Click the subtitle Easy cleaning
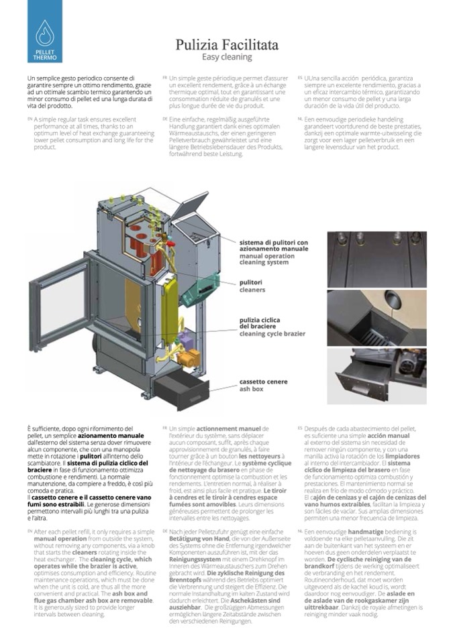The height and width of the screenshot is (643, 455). click(x=227, y=58)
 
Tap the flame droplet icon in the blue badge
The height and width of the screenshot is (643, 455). click(x=45, y=32)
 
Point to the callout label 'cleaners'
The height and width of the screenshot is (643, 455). click(x=252, y=290)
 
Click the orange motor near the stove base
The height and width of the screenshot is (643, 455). click(x=191, y=359)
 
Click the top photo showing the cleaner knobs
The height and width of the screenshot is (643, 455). click(x=376, y=259)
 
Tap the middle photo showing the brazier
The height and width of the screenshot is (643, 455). click(x=376, y=318)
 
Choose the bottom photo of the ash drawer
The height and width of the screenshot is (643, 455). click(x=376, y=375)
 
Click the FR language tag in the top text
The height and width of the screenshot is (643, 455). click(x=164, y=78)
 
